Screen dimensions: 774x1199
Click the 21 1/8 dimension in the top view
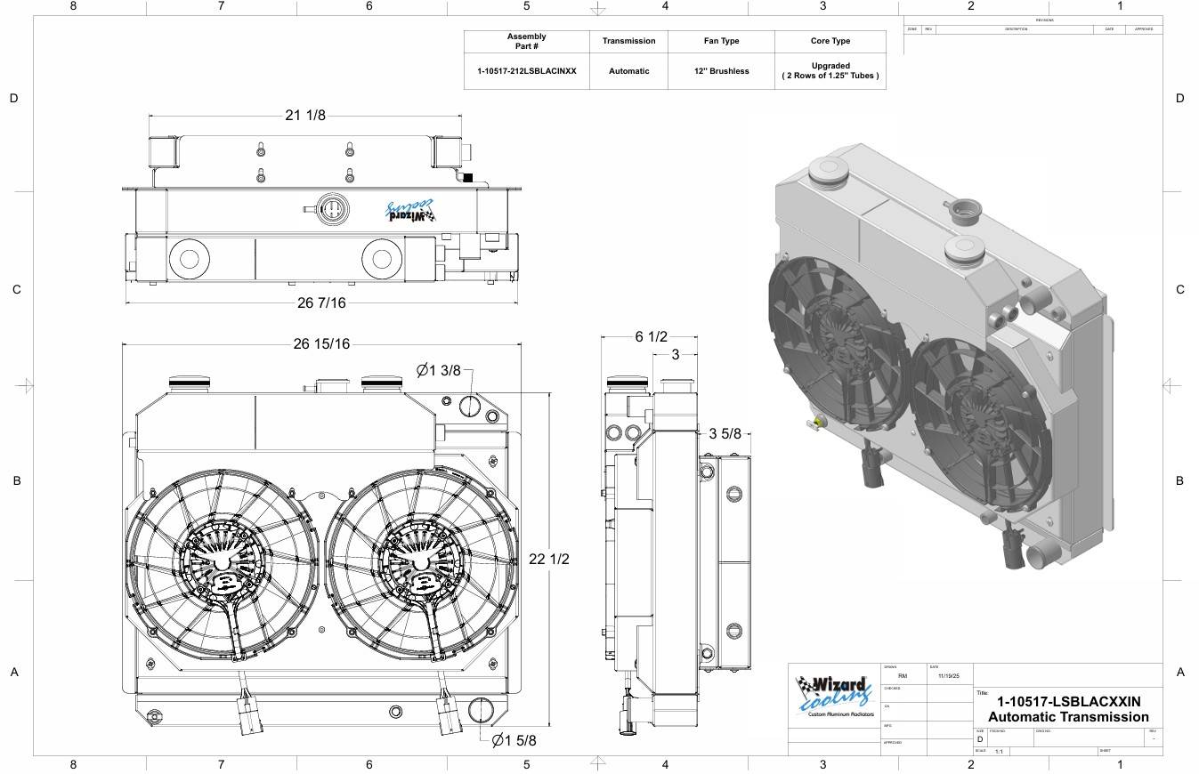tap(304, 116)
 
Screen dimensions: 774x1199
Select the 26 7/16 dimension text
tap(321, 302)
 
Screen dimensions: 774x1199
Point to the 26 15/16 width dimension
tap(321, 344)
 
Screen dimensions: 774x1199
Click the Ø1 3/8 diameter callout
tap(440, 370)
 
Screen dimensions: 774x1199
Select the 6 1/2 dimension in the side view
tap(651, 336)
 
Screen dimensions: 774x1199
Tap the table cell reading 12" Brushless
tap(721, 71)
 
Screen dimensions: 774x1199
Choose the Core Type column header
tap(830, 41)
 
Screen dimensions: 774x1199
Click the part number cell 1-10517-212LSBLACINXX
tap(526, 71)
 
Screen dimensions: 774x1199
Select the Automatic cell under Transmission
tap(628, 71)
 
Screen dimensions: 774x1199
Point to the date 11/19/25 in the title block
tap(949, 676)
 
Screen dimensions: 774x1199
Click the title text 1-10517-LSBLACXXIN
tap(1068, 702)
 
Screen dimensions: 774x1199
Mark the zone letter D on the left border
tap(13, 98)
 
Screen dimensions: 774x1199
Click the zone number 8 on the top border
tap(73, 6)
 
